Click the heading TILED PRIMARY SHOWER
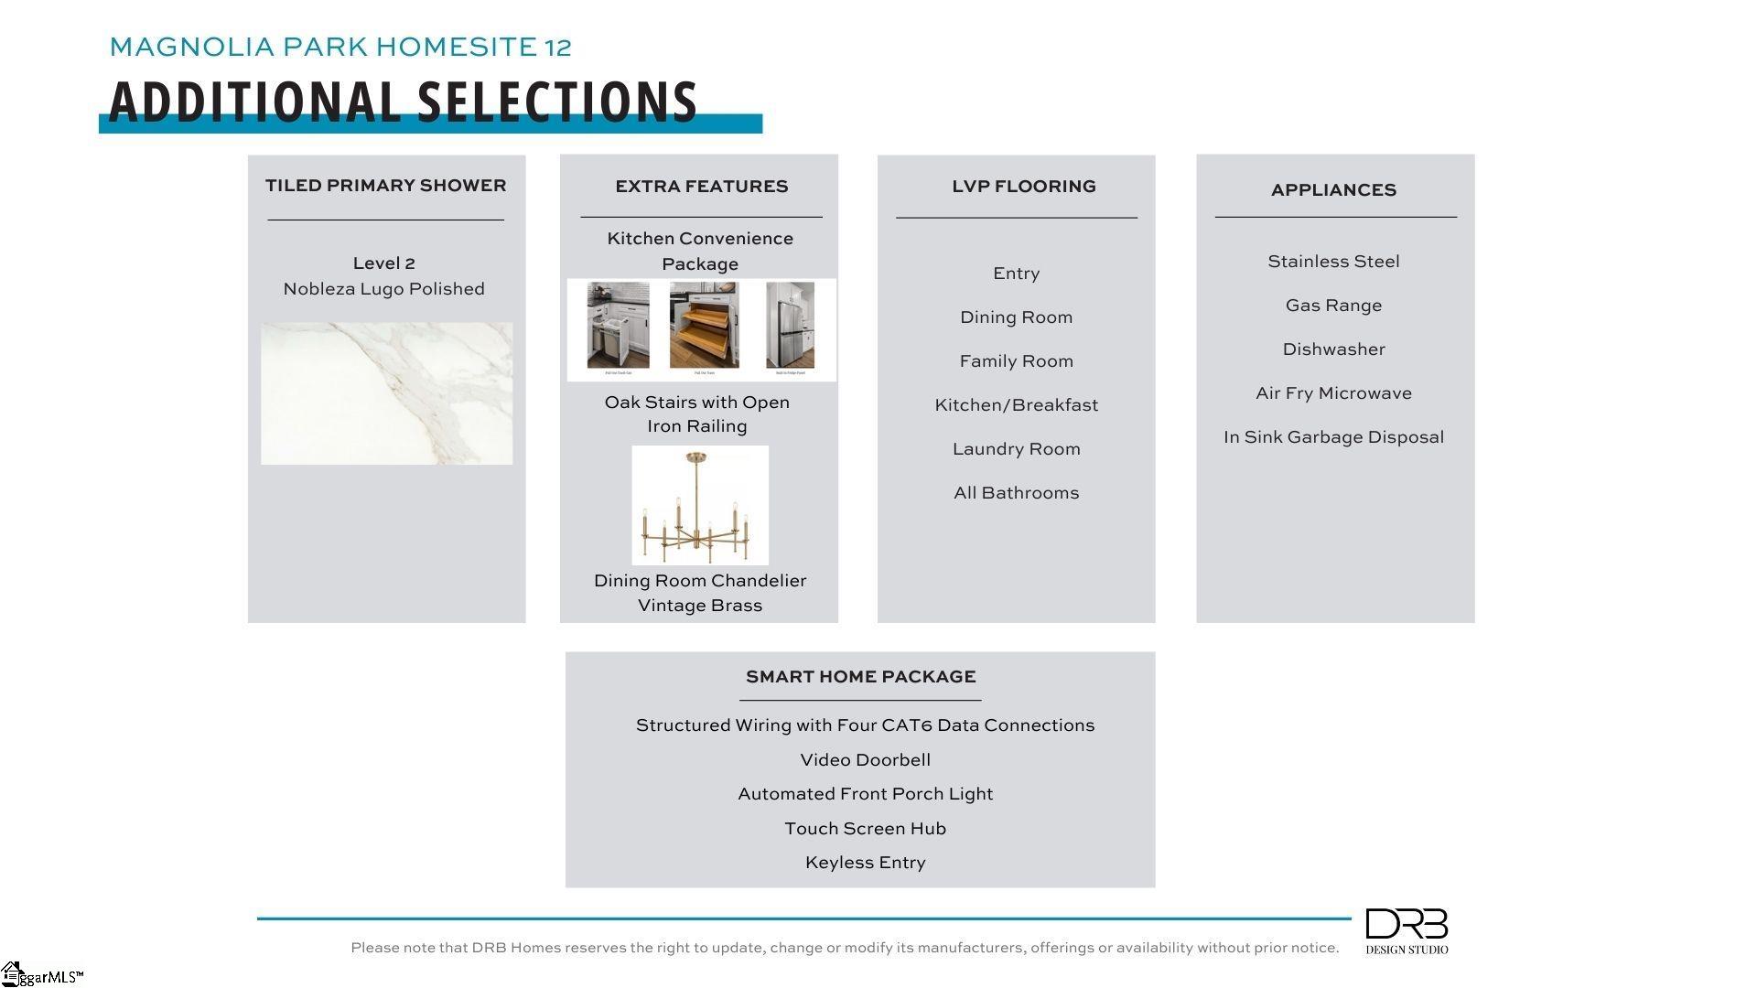pyautogui.click(x=385, y=186)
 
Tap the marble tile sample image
pyautogui.click(x=386, y=393)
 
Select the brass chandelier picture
pyautogui.click(x=700, y=505)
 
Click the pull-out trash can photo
pyautogui.click(x=619, y=326)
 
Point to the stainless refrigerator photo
pyautogui.click(x=790, y=326)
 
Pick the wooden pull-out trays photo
pyautogui.click(x=704, y=326)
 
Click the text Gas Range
pyautogui.click(x=1333, y=306)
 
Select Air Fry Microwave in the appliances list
pyautogui.click(x=1333, y=393)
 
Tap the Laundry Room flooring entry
pyautogui.click(x=1016, y=449)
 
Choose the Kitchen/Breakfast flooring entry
pyautogui.click(x=1016, y=405)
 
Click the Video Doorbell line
pyautogui.click(x=865, y=760)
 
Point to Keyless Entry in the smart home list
pyautogui.click(x=865, y=863)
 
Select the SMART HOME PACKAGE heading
pyautogui.click(x=860, y=677)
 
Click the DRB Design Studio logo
pyautogui.click(x=1407, y=930)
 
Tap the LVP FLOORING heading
pyautogui.click(x=1023, y=187)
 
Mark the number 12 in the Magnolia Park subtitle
pyautogui.click(x=557, y=47)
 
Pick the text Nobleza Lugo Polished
pyautogui.click(x=383, y=289)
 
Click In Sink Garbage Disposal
pyautogui.click(x=1333, y=437)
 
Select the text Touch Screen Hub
pyautogui.click(x=865, y=829)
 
